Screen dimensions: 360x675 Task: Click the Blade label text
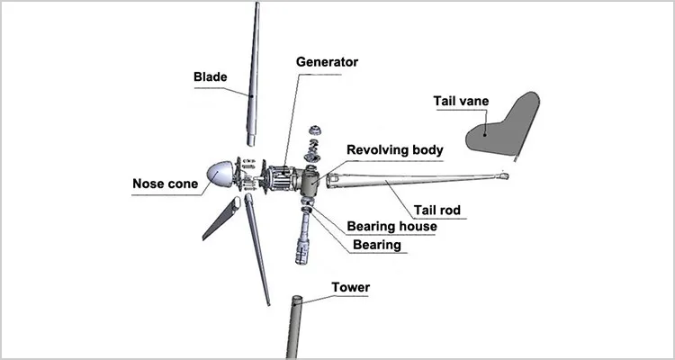pyautogui.click(x=211, y=76)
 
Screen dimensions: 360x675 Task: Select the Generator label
pyautogui.click(x=328, y=62)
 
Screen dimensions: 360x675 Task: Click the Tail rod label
pyautogui.click(x=437, y=211)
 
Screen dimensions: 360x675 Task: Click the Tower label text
pyautogui.click(x=350, y=288)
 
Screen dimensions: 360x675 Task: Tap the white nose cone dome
pyautogui.click(x=220, y=175)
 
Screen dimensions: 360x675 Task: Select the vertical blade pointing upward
pyautogui.click(x=254, y=72)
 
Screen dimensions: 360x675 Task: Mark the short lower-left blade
pyautogui.click(x=221, y=219)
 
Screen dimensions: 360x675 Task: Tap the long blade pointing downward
pyautogui.click(x=258, y=252)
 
